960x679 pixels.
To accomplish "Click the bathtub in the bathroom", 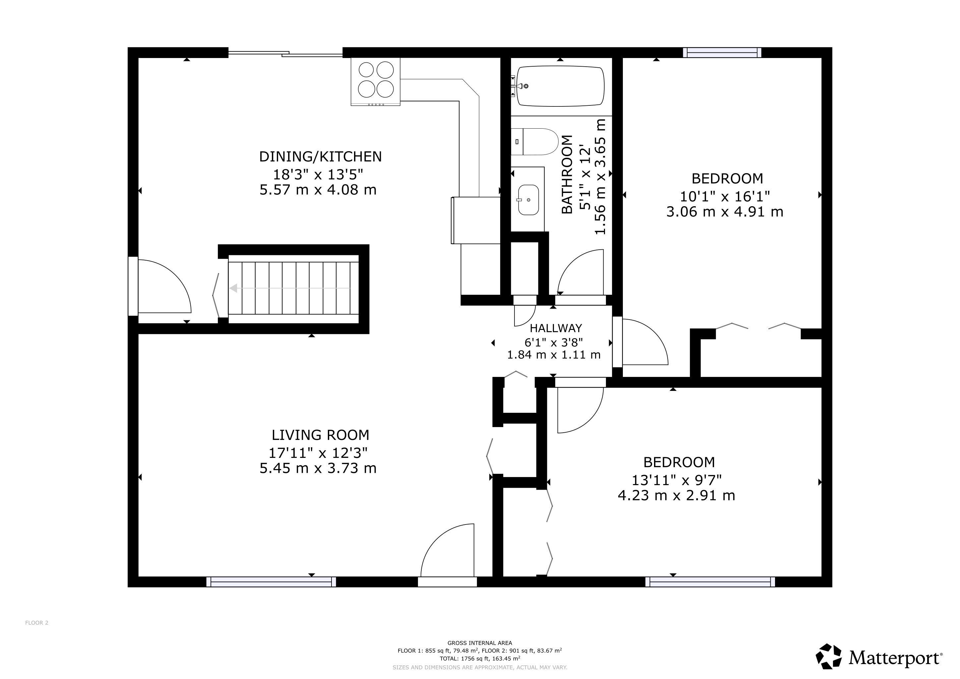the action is (x=560, y=86).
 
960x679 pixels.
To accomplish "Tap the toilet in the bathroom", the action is (x=535, y=142).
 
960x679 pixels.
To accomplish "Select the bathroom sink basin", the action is (x=528, y=200).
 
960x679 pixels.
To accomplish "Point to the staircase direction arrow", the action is (x=289, y=288).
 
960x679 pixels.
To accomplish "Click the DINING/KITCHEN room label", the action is (x=320, y=156).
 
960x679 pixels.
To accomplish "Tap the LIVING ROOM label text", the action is (x=320, y=435).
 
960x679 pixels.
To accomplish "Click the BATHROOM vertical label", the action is (x=567, y=174).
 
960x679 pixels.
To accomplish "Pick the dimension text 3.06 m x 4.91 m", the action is (x=725, y=212).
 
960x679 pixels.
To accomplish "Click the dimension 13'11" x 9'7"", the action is (x=677, y=479).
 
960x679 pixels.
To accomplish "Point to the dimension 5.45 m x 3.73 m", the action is (x=318, y=468).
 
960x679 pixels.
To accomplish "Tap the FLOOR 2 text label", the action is (x=37, y=623).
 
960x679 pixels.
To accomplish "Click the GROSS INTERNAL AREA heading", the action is (x=480, y=643).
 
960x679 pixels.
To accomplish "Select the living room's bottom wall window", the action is (x=271, y=582).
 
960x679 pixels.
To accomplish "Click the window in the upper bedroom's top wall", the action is (x=722, y=53).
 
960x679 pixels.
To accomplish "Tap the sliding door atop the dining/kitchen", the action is (x=285, y=53).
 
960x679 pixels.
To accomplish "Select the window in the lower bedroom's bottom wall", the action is (x=710, y=582).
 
